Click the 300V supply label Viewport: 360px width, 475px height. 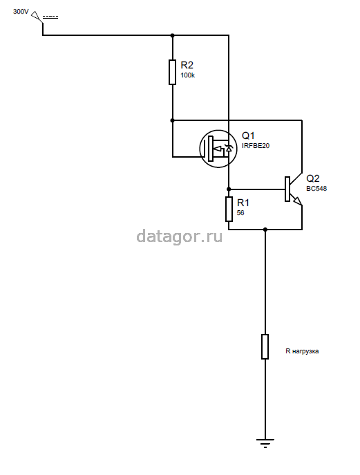click(21, 12)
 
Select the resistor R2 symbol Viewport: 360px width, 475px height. click(172, 72)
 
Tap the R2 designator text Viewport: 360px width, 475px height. click(187, 65)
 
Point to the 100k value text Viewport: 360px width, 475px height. click(188, 75)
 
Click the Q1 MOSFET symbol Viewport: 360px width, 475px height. click(218, 149)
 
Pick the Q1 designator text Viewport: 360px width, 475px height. click(248, 136)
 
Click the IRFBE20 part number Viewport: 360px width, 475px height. click(256, 146)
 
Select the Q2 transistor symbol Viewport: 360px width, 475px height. click(293, 189)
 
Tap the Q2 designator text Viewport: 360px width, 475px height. click(313, 178)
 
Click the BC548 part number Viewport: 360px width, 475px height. click(316, 189)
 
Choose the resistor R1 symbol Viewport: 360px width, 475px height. click(229, 209)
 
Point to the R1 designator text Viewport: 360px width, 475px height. click(243, 203)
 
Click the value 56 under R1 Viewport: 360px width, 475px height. click(240, 213)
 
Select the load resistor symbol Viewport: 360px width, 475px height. click(265, 346)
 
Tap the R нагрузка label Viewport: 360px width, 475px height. click(302, 351)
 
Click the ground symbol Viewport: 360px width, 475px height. click(265, 443)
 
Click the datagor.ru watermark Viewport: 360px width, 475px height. click(179, 236)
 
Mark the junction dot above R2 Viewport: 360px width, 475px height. click(172, 35)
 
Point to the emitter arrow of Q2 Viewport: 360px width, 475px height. click(296, 201)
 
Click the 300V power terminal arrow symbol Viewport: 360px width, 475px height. click(37, 16)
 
